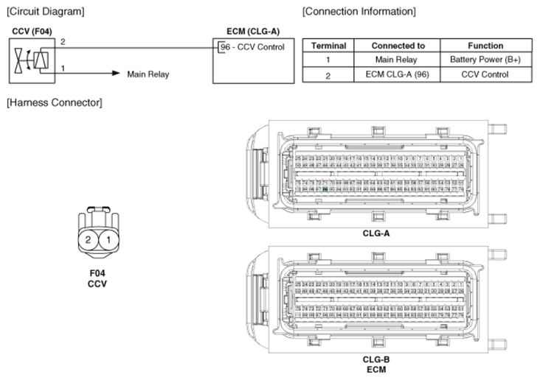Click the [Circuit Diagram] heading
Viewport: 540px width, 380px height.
(45, 12)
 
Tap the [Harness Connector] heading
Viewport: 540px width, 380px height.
(54, 102)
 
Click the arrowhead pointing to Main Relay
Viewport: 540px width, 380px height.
(116, 74)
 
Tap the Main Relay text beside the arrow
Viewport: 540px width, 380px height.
(148, 74)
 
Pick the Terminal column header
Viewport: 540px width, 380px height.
(328, 46)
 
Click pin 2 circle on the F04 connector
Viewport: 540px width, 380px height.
(88, 240)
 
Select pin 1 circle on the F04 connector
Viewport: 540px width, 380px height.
(108, 240)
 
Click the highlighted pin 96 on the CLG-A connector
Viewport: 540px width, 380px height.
(325, 189)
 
